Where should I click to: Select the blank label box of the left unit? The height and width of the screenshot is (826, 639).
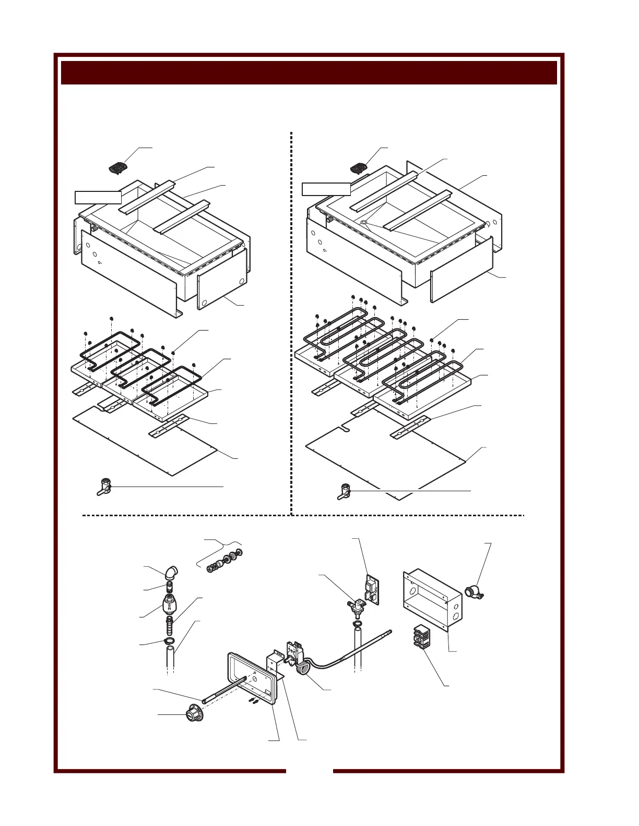click(x=98, y=197)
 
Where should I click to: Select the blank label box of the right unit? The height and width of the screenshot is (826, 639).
click(x=326, y=189)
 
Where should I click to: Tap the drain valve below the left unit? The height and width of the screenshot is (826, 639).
click(x=104, y=486)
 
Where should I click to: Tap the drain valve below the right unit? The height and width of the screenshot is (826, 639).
click(x=345, y=491)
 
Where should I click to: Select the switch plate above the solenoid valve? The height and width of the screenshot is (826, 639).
click(x=372, y=589)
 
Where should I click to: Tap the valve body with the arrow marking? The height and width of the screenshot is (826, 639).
click(x=172, y=606)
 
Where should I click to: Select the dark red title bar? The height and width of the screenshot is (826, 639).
click(x=309, y=72)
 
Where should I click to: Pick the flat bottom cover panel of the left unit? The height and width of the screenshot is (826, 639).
click(x=146, y=441)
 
